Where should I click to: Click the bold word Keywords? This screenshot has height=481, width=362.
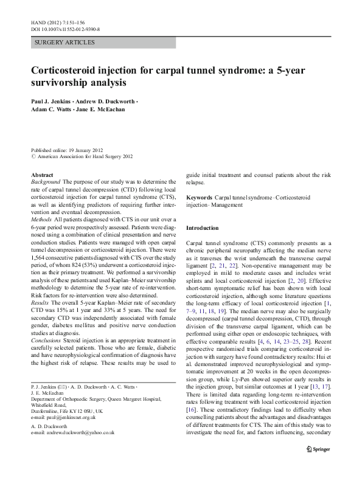coord(199,198)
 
